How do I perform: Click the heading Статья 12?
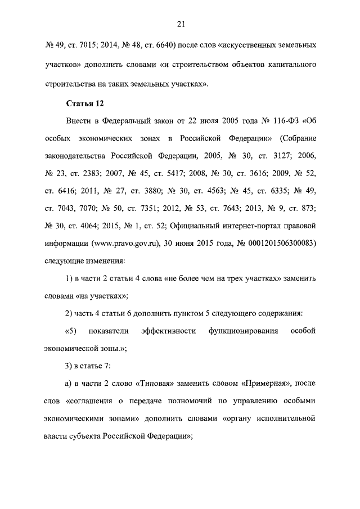coord(85,103)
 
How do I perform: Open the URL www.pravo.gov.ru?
coord(115,244)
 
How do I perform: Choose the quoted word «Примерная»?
coord(267,383)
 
